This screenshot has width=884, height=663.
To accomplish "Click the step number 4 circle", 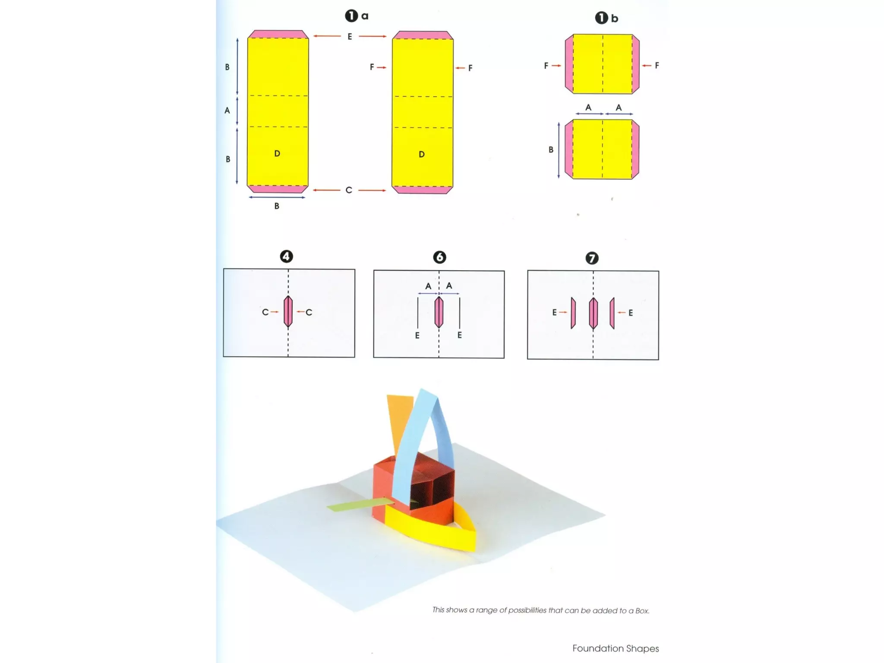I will pos(286,256).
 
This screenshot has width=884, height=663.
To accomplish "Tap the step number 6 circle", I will pos(439,257).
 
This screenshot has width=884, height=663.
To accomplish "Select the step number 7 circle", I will pos(592,258).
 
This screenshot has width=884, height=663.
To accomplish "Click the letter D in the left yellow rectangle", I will pos(277,153).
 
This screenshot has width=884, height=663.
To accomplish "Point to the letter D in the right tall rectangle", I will pos(422,154).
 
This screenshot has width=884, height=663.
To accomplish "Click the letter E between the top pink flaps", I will pos(350,37).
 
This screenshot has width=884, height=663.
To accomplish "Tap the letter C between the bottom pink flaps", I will pos(349,190).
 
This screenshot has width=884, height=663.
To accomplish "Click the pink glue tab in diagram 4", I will pos(288,312).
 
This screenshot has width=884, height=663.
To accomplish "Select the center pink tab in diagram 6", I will pos(439,312).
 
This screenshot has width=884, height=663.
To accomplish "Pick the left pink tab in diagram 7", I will pos(573,313).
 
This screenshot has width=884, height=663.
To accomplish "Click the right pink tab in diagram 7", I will pos(612,313).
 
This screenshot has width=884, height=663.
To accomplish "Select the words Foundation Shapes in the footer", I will pos(616,648).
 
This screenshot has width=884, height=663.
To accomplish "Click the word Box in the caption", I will pos(642,611).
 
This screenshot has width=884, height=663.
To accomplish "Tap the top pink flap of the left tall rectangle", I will pos(278,34).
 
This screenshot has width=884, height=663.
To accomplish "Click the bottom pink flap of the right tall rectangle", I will pos(422,190).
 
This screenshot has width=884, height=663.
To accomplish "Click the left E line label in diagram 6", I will pos(417,335).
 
